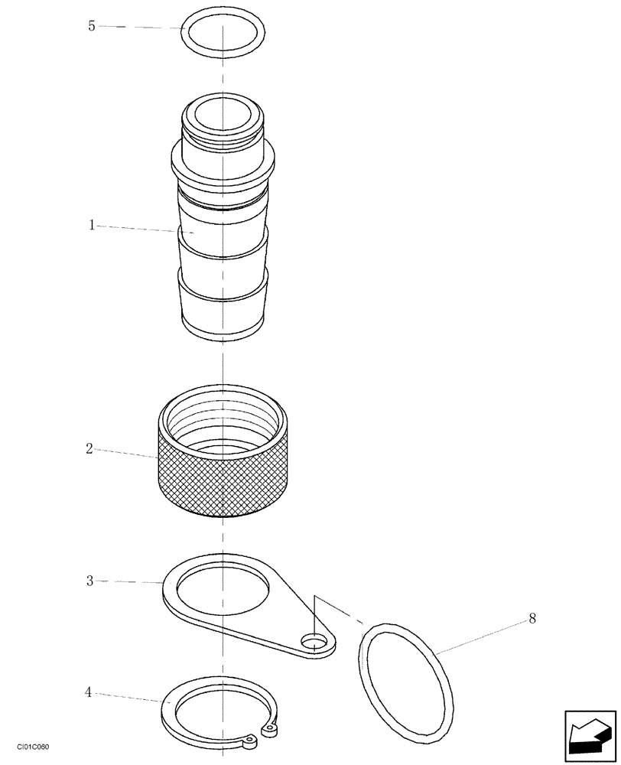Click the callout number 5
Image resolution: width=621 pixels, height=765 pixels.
(92, 26)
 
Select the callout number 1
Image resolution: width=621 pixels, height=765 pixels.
(92, 225)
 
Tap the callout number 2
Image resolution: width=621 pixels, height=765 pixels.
(89, 449)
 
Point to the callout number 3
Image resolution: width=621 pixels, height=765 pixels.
(89, 581)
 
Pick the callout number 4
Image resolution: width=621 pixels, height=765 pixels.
(89, 693)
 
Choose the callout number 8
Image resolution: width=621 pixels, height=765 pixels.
(532, 619)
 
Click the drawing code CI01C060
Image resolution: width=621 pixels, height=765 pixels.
(33, 747)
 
